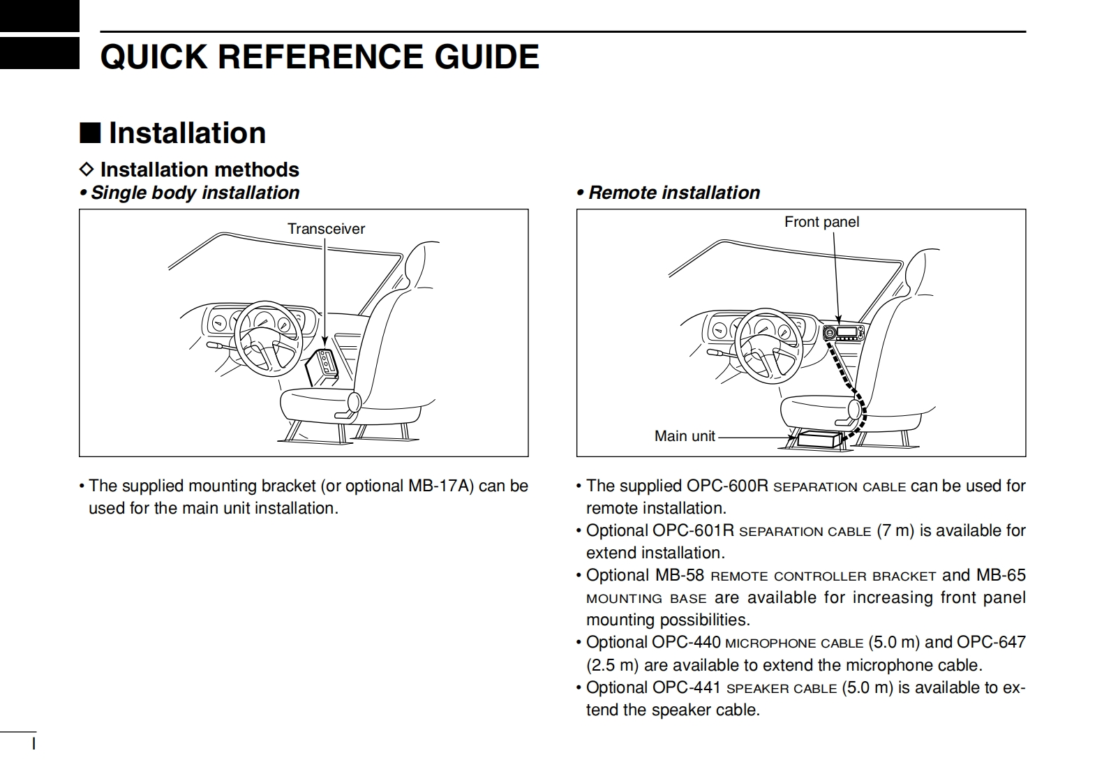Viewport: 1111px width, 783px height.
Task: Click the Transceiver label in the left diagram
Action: (x=326, y=229)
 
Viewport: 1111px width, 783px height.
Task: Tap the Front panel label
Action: (x=821, y=222)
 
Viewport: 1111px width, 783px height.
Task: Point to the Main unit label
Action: (x=685, y=436)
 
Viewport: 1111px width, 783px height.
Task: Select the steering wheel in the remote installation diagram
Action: (x=767, y=343)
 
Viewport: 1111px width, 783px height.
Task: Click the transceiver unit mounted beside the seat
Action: (x=324, y=365)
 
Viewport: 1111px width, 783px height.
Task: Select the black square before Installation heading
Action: (x=90, y=133)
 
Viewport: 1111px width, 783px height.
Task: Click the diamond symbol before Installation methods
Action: (x=86, y=170)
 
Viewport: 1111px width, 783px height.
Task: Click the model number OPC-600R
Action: (x=727, y=486)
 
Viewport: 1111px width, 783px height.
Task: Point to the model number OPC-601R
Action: (x=693, y=530)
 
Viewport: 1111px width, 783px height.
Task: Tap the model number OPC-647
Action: (x=991, y=642)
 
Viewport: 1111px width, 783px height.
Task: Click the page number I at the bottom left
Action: (x=33, y=744)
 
